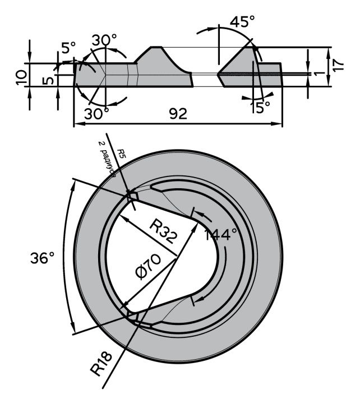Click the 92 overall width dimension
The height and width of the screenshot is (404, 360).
[x=178, y=114]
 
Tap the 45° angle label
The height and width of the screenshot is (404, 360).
[x=242, y=22]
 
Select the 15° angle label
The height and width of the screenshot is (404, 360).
[x=260, y=106]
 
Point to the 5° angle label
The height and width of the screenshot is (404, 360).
[x=68, y=48]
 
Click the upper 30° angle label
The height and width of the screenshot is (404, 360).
[x=105, y=40]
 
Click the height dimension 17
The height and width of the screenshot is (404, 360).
[x=337, y=63]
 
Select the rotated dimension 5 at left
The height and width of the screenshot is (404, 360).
[x=49, y=81]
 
